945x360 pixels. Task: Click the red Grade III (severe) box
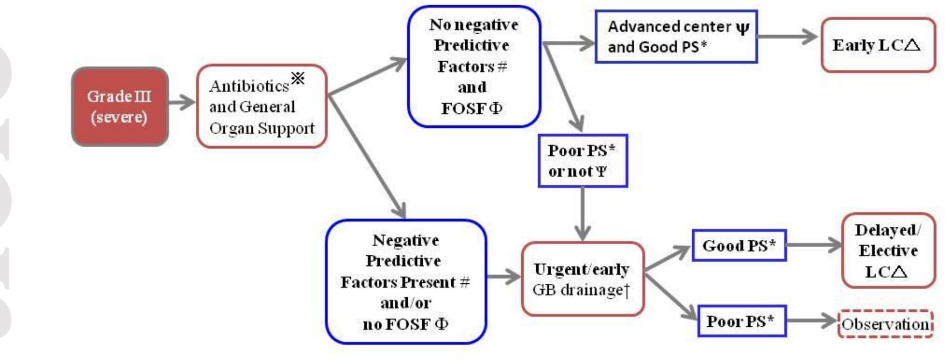point(120,107)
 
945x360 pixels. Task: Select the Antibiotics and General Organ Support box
point(262,107)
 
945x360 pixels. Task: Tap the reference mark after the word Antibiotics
point(298,79)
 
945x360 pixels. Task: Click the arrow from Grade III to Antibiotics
point(182,102)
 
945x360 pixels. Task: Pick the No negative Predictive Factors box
point(474,66)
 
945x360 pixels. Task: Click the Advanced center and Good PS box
point(676,37)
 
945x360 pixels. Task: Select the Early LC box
point(878,45)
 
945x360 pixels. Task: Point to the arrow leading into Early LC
point(787,37)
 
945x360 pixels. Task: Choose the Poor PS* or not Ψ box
point(582,161)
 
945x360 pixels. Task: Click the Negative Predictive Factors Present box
point(406,282)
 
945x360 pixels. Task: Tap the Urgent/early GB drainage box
point(582,279)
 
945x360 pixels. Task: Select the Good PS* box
point(739,246)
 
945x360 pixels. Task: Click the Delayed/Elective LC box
point(888,251)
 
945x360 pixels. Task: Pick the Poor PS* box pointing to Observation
point(741,321)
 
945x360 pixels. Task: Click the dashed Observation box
point(885,324)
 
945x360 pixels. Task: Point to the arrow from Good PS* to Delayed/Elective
point(813,245)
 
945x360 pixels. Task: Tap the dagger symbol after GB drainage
point(626,291)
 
